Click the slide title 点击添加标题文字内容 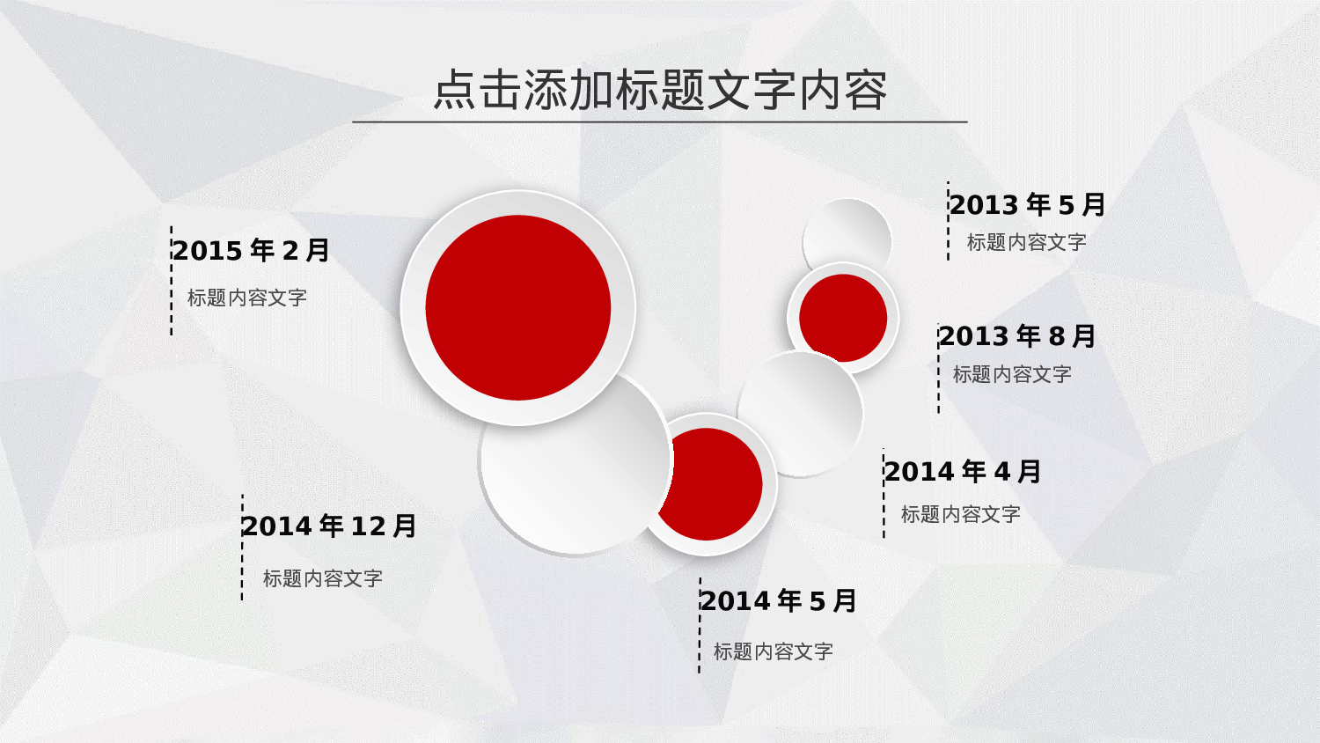click(x=660, y=90)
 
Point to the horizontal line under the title click(x=660, y=121)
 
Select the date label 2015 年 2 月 click(x=251, y=251)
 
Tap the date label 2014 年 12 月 click(x=329, y=526)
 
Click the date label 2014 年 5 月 click(x=778, y=601)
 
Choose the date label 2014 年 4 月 click(x=963, y=472)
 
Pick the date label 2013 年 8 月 click(x=1016, y=336)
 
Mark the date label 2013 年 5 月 click(x=1027, y=205)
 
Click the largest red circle click(x=518, y=307)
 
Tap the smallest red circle click(x=843, y=318)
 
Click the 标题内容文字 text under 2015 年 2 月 click(x=247, y=298)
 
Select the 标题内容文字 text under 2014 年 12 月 click(x=323, y=578)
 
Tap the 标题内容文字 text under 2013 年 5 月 click(x=1027, y=242)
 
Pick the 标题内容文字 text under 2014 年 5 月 click(x=774, y=651)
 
